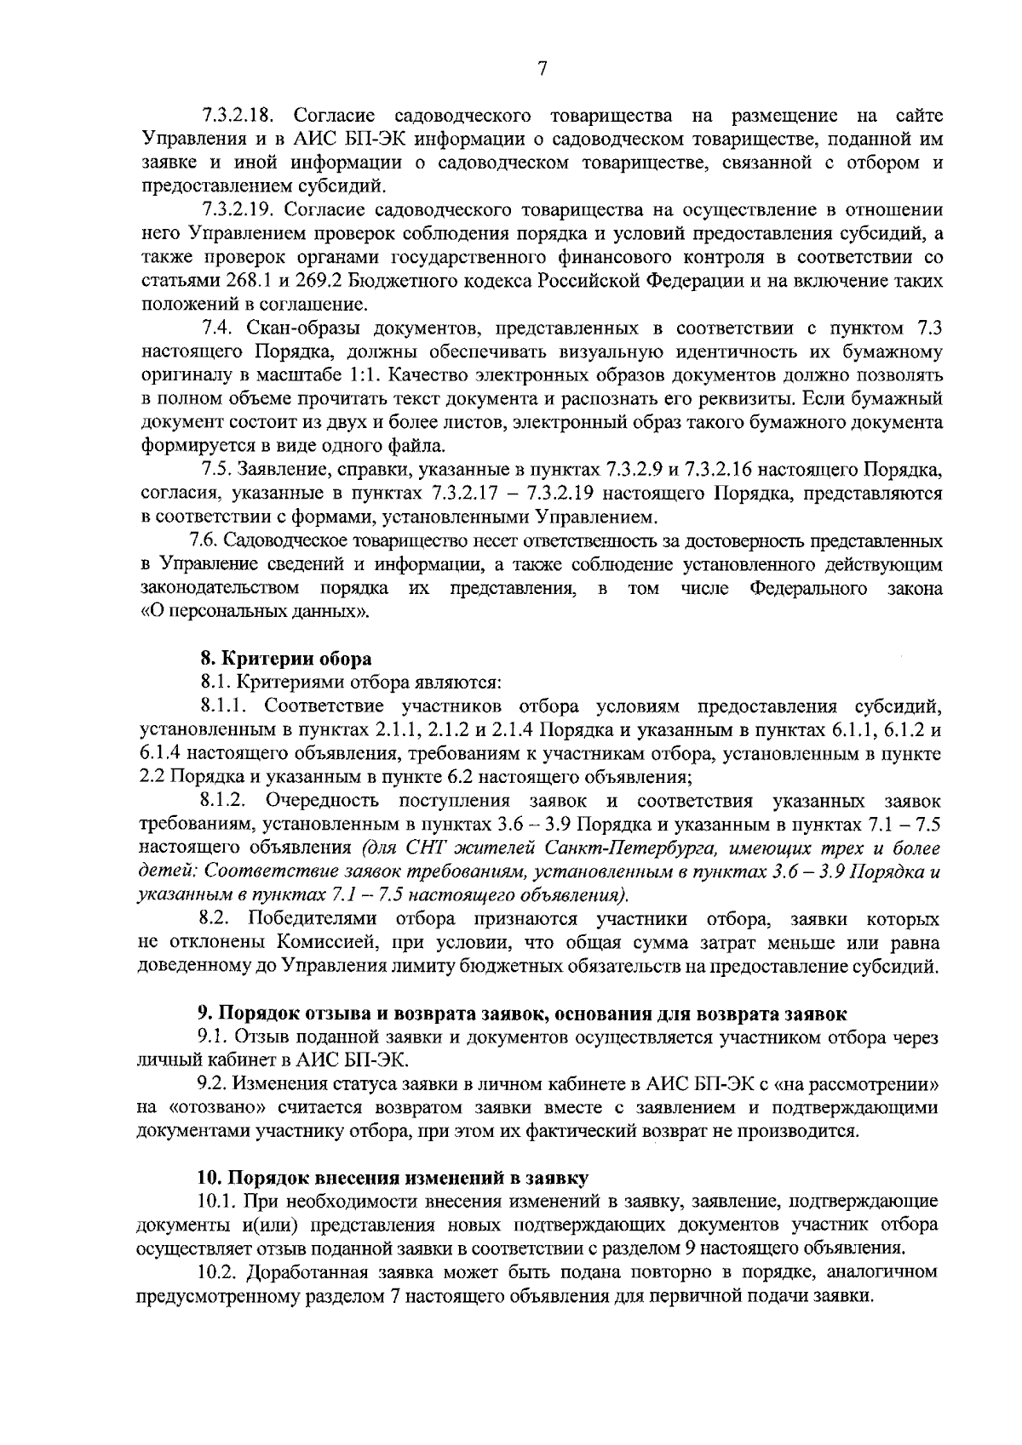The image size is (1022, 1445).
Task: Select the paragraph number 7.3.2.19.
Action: [239, 208]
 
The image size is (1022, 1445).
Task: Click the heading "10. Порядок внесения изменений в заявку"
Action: [393, 1178]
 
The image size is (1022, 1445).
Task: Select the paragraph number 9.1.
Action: [212, 1037]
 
